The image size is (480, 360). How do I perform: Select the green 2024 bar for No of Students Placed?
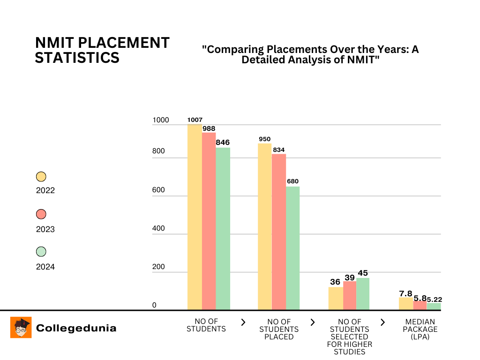coord(292,248)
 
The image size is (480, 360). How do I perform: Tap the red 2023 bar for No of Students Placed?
coord(279,232)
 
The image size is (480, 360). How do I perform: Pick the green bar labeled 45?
coord(363,293)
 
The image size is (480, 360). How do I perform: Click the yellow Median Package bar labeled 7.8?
coord(406,303)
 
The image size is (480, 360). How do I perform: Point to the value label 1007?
coord(195,120)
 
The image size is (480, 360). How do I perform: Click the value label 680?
coord(293,181)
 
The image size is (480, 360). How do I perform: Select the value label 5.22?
coord(435,299)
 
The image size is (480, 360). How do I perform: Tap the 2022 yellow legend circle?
coord(41,177)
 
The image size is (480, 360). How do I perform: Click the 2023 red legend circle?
coord(41,214)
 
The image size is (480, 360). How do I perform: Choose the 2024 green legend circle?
coord(41,252)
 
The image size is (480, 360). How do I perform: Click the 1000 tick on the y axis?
coord(160,120)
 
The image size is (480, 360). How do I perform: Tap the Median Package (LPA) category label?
coord(420,329)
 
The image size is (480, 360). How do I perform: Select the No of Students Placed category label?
coord(279,329)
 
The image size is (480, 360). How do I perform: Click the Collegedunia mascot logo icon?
coord(21,327)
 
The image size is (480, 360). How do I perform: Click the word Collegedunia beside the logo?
coord(76,328)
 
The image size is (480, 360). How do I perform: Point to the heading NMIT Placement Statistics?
coord(102,50)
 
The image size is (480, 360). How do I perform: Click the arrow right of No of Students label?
coord(243,322)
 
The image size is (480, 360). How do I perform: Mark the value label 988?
coord(209,128)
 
